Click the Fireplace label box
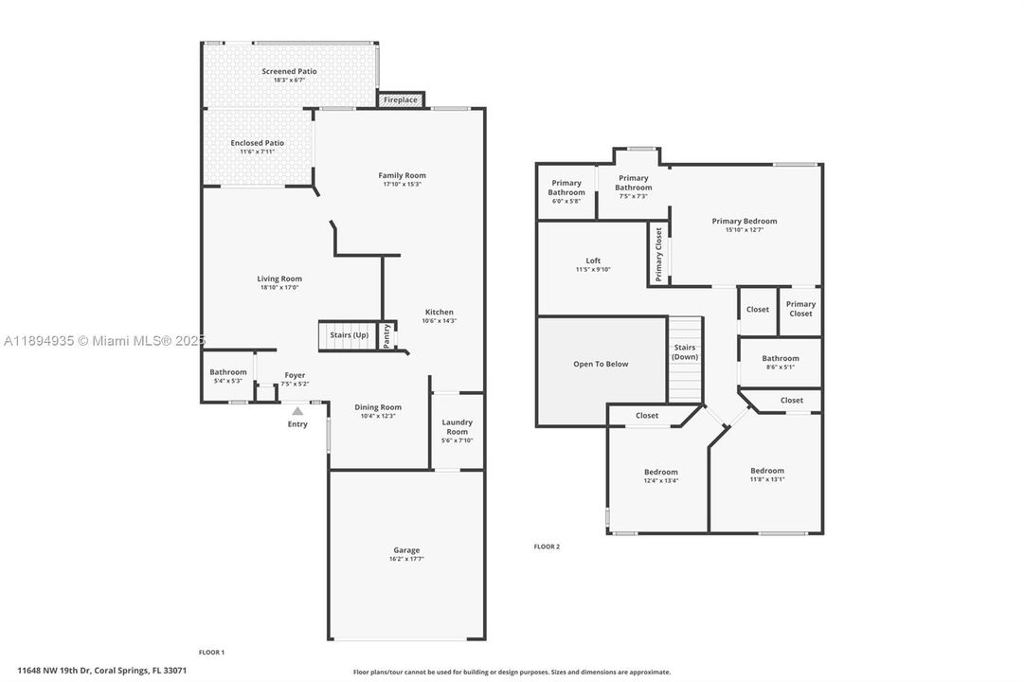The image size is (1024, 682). point(401,99)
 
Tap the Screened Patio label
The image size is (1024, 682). point(289,71)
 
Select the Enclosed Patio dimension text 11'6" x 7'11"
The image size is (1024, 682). point(257,152)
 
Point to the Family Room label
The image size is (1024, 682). point(402,175)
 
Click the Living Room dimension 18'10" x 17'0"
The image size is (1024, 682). point(278,288)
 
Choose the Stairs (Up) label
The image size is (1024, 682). point(349,335)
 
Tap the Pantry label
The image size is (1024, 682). point(386,336)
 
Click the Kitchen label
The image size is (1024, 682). point(439,312)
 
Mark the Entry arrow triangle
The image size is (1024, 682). point(297,411)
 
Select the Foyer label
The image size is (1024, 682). point(295,375)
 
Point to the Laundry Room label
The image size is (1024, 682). point(457,426)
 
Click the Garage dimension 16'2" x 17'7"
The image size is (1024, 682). point(406,559)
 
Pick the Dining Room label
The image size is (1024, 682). point(378,407)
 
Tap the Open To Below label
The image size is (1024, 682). point(601,364)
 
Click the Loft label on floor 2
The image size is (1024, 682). point(593,260)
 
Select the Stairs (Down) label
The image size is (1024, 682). point(685,351)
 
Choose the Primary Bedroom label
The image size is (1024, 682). point(745,221)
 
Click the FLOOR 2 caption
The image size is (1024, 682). point(547,547)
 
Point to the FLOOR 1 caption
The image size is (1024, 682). point(211,652)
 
